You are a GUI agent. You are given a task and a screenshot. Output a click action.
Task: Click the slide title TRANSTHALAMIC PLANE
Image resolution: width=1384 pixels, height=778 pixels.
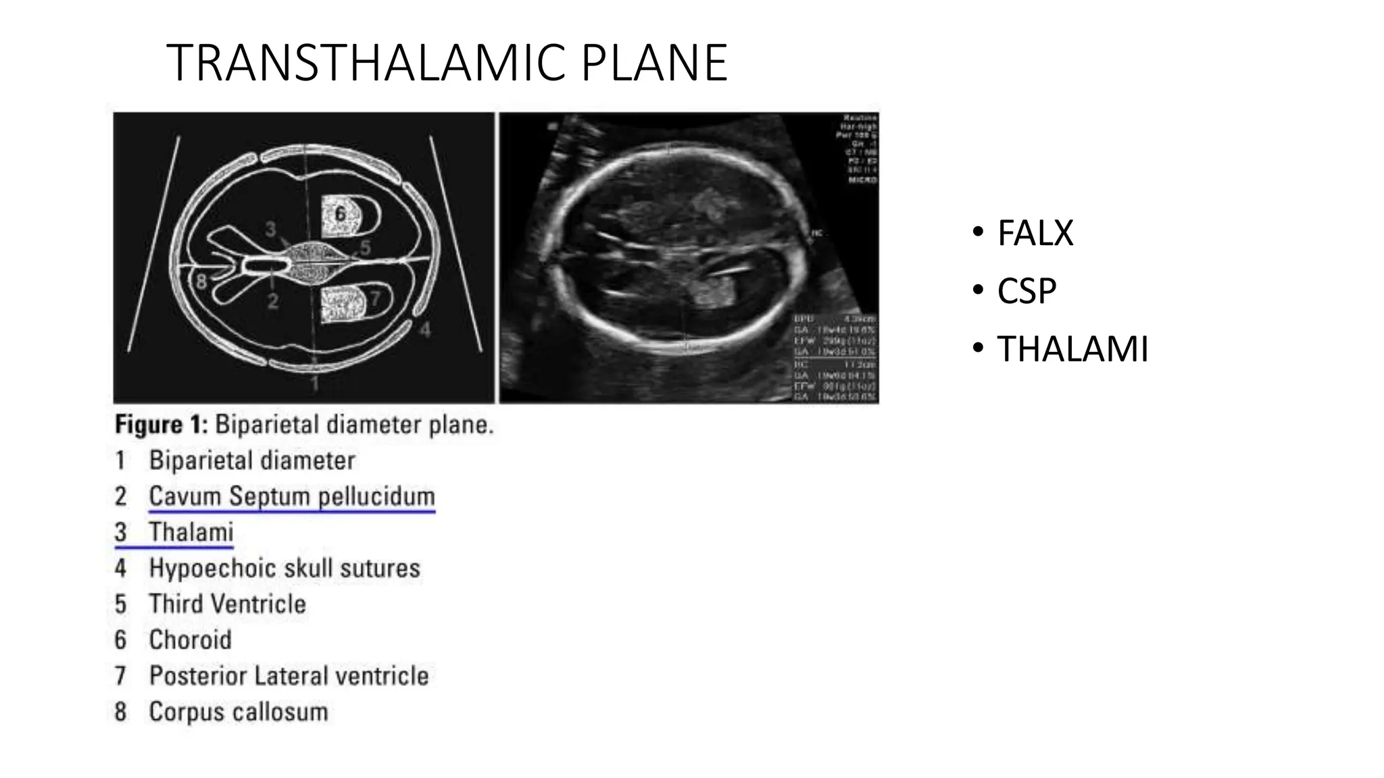[x=446, y=63]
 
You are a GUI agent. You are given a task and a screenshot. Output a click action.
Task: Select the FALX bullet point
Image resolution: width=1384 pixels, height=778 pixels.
[x=1035, y=234]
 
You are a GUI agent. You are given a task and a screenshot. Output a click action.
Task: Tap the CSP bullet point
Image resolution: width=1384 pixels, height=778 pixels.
[x=1027, y=292]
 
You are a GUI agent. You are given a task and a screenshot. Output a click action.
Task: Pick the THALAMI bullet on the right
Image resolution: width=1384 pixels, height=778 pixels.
[x=1072, y=350]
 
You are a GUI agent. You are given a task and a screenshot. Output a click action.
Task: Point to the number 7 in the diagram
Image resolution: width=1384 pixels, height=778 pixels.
[x=375, y=298]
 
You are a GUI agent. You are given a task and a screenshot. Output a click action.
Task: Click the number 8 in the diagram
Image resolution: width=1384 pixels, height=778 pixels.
[x=201, y=281]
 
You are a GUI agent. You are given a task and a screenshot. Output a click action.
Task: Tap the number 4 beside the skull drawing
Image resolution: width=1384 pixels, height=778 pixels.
[x=424, y=330]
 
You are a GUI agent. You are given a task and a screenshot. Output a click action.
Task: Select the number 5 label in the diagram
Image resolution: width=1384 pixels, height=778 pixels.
[x=365, y=248]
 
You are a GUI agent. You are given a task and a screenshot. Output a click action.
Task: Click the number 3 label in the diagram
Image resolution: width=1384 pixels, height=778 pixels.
[x=270, y=230]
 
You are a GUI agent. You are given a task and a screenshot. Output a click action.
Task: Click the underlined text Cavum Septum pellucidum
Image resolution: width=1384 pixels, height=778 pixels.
[x=291, y=496]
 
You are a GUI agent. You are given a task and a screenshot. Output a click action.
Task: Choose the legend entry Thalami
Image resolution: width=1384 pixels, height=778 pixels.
[x=191, y=532]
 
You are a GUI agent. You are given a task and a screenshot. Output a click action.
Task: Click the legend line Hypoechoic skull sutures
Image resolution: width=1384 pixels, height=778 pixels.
[x=284, y=568]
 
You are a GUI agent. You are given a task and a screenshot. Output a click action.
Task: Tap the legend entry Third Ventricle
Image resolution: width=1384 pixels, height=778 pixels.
[x=227, y=604]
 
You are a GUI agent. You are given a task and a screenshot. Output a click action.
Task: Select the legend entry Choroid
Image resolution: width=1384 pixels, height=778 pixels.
[x=190, y=640]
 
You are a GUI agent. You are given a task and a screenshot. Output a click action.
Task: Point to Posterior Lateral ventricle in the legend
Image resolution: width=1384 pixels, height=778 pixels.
[x=289, y=675]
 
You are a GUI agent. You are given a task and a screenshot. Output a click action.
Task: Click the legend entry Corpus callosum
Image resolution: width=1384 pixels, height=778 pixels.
[x=238, y=712]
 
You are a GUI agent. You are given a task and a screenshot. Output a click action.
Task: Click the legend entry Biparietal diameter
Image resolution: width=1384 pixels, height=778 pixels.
[x=251, y=461]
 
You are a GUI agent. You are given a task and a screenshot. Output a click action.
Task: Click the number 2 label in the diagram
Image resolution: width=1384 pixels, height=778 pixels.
[x=272, y=301]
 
